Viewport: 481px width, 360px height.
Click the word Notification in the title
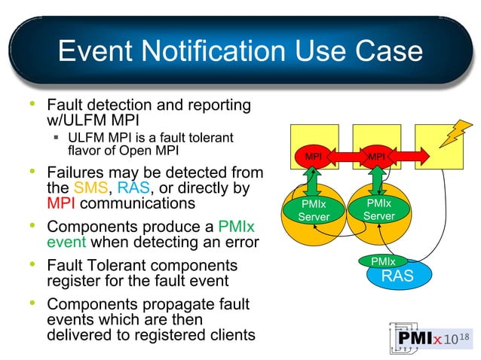click(201, 51)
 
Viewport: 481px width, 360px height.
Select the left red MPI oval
click(313, 157)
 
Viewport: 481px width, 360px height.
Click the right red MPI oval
click(376, 157)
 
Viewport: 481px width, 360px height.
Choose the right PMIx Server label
click(378, 209)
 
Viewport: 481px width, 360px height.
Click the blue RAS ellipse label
click(397, 276)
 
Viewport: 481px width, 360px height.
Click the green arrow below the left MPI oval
click(313, 182)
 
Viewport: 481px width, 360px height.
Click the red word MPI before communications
click(60, 203)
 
